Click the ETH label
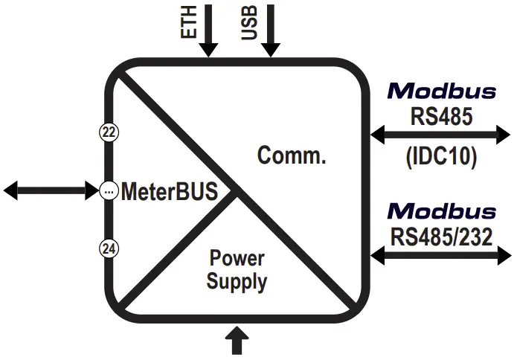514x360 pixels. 188,22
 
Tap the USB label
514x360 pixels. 249,22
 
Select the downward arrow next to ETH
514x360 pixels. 208,30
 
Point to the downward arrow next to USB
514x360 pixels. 271,30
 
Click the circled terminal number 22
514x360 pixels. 109,132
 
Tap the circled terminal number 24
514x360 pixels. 109,249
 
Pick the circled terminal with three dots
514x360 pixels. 109,190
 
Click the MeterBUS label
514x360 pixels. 169,191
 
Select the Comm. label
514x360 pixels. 292,155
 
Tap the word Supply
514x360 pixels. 237,282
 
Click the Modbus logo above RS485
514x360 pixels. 442,91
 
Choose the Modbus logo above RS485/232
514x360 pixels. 442,211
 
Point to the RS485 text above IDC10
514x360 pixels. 442,116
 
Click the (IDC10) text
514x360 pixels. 441,156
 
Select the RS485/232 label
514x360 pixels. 441,237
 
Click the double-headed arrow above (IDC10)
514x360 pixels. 440,135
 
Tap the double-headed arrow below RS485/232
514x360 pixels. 441,255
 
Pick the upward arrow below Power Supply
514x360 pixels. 237,341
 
